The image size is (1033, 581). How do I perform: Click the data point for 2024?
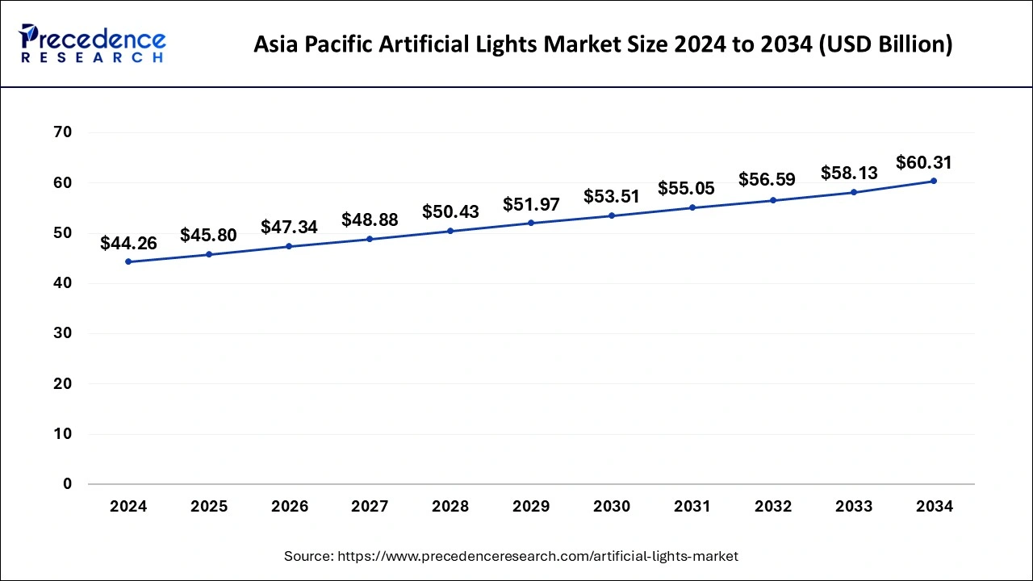click(x=128, y=261)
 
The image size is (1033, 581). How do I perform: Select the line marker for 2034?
click(x=934, y=181)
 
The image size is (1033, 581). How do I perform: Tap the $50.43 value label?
click(x=450, y=211)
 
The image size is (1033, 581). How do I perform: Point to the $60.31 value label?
click(x=924, y=162)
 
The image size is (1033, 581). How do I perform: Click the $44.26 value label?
click(x=128, y=243)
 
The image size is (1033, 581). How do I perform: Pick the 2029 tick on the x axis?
click(x=531, y=507)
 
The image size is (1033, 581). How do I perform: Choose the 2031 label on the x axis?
click(x=692, y=507)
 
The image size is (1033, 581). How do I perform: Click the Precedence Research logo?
click(x=92, y=44)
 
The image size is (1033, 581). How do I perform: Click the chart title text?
click(x=603, y=44)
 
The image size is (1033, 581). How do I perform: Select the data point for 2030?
click(x=612, y=215)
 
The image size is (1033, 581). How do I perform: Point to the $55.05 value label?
click(x=686, y=189)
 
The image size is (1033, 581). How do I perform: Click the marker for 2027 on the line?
click(x=370, y=239)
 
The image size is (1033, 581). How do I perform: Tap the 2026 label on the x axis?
click(x=289, y=507)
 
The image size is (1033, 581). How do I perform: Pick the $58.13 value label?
click(x=849, y=173)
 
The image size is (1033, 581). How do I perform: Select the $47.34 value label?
click(x=289, y=228)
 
